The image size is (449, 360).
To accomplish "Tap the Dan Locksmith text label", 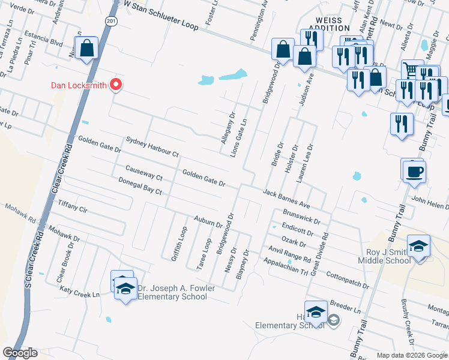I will pyautogui.click(x=78, y=85).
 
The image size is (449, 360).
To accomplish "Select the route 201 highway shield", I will pyautogui.click(x=112, y=20).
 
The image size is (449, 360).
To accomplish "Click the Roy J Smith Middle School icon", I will pyautogui.click(x=418, y=247).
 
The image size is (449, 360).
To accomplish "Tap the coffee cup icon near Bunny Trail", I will pyautogui.click(x=413, y=171).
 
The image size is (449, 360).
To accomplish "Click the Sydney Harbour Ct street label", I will pyautogui.click(x=152, y=147).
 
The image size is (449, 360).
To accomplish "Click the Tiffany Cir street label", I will pyautogui.click(x=72, y=207).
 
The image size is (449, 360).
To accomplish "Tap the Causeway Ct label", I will pyautogui.click(x=143, y=174).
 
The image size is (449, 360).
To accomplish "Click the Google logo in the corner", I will pyautogui.click(x=20, y=353).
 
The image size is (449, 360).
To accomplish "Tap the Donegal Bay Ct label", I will pyautogui.click(x=140, y=187).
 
